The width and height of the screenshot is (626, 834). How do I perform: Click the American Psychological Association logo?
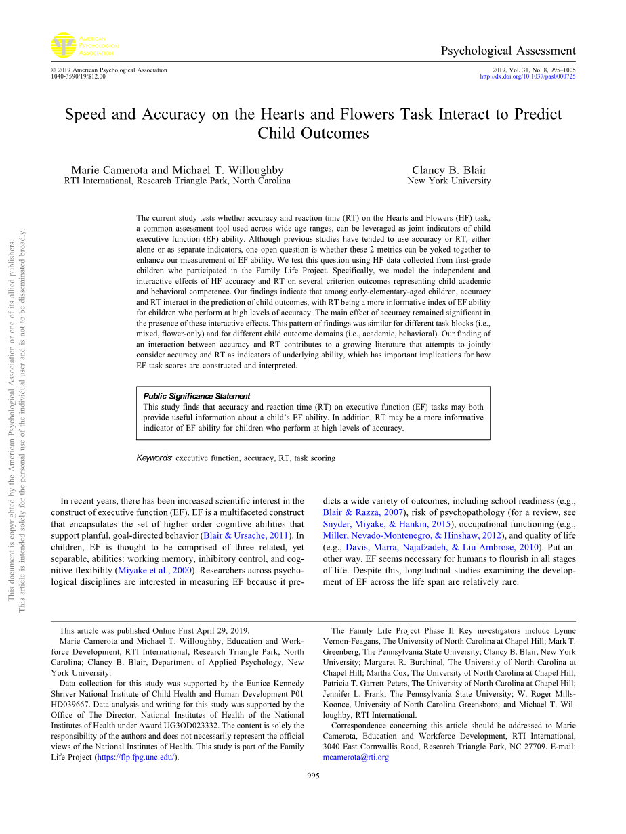(82, 45)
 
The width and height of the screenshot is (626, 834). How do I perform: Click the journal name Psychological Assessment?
(507, 51)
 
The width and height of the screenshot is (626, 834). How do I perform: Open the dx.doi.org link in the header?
(527, 76)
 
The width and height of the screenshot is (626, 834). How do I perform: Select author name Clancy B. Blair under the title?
(448, 170)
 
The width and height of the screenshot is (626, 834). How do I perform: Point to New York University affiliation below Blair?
(448, 181)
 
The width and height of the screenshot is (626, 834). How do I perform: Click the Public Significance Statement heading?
(196, 396)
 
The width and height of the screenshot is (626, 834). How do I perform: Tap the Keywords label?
(154, 458)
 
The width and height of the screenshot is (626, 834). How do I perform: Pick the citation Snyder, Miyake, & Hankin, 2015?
(386, 524)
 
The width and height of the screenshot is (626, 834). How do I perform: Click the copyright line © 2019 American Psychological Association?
(108, 70)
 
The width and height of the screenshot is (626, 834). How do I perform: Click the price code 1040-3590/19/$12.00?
(78, 76)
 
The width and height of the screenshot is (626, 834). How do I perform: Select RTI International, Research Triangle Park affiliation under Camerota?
(178, 181)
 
